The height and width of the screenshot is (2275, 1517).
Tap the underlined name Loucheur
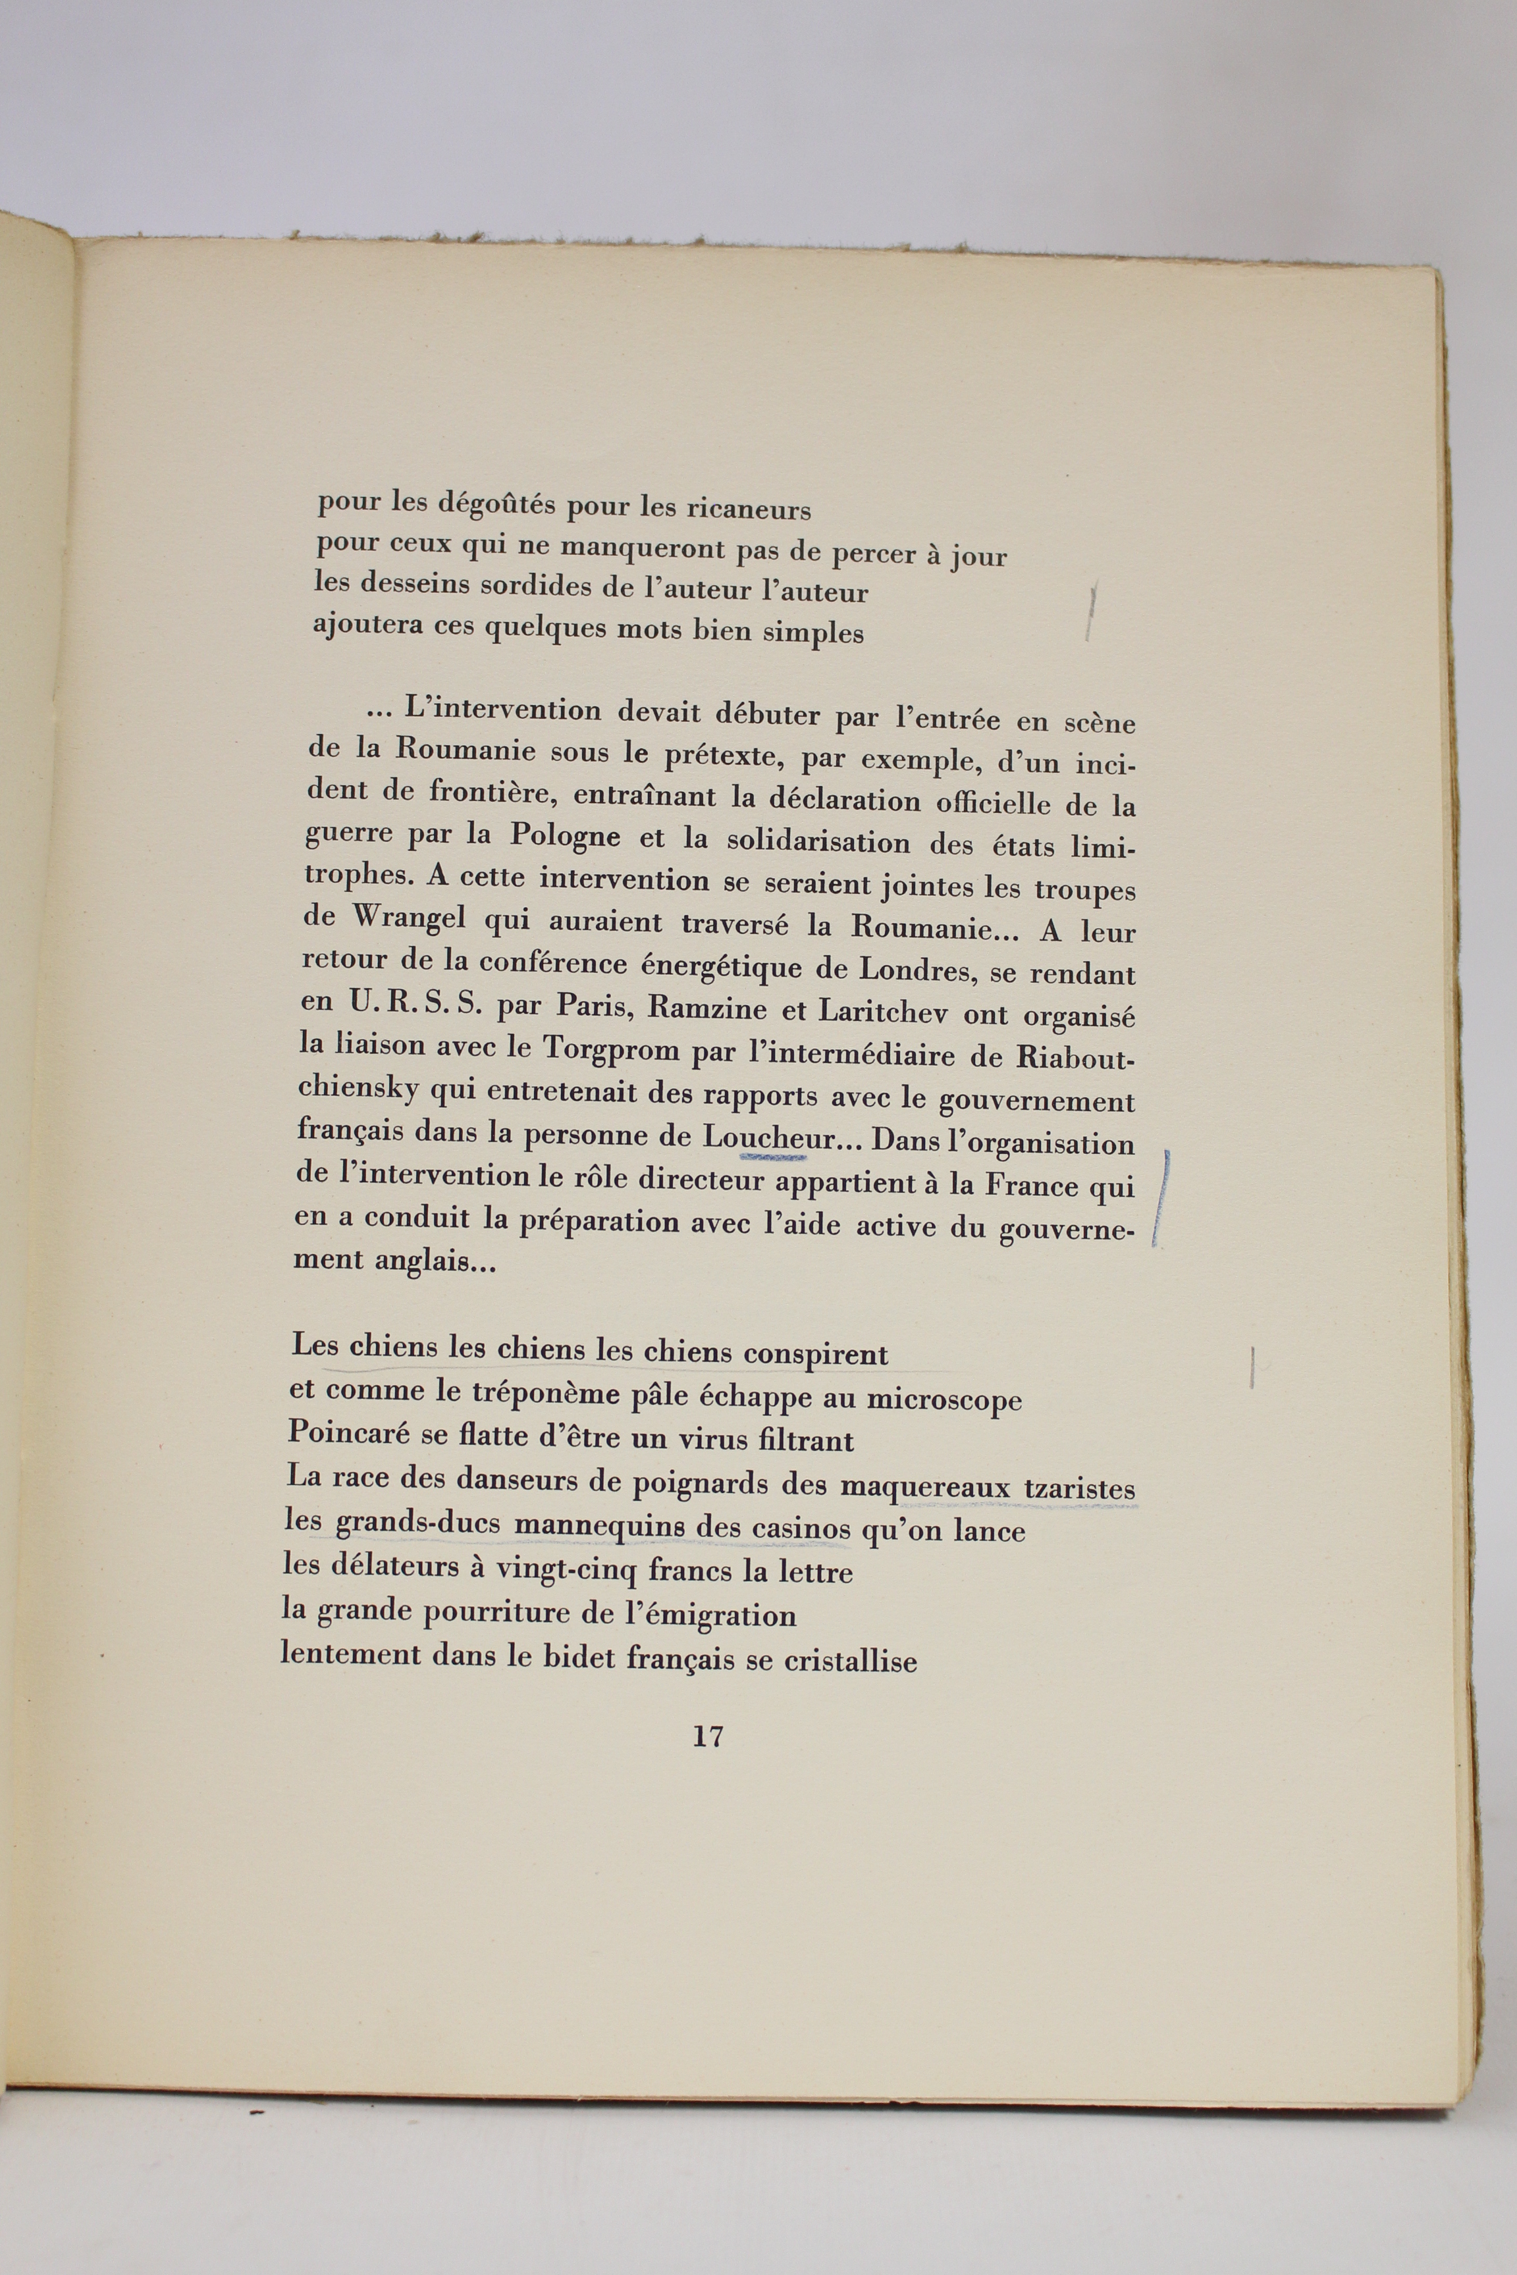pyautogui.click(x=768, y=1138)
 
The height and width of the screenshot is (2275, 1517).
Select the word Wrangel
pyautogui.click(x=398, y=919)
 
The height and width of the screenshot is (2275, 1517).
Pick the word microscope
pyautogui.click(x=944, y=1401)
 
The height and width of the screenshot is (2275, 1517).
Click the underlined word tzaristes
pyautogui.click(x=1078, y=1490)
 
